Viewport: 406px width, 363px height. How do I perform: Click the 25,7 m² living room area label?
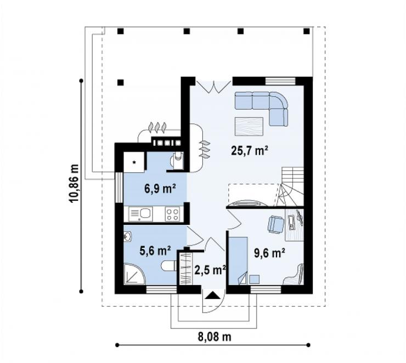pos(249,151)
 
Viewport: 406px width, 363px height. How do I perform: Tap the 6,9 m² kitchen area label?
pos(160,189)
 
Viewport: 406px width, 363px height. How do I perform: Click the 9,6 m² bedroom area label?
pos(269,253)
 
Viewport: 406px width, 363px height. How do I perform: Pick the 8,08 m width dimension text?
pos(215,337)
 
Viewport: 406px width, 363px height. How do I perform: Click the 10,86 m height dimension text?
pos(74,184)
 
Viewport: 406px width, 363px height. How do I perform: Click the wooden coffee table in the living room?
pos(249,126)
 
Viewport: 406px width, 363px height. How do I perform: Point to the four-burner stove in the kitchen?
pos(172,214)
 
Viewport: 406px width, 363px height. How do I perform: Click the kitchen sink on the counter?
pos(141,214)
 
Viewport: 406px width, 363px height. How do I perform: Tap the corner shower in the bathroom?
pos(134,274)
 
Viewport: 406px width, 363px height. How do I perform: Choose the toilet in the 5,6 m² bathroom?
pos(169,266)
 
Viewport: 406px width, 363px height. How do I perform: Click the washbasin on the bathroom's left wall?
pos(128,236)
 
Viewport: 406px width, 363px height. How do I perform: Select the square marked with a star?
pos(134,162)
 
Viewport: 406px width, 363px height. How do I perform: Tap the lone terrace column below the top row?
pos(120,83)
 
